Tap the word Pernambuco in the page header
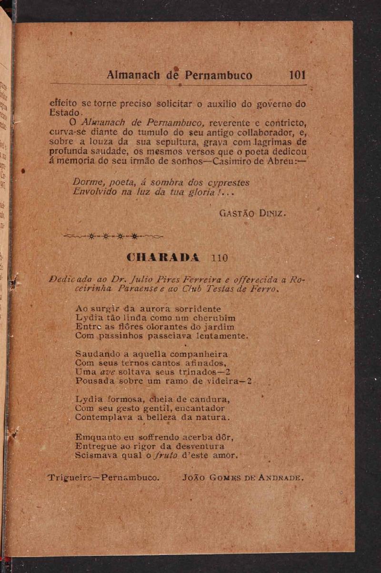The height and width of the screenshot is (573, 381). coord(219,75)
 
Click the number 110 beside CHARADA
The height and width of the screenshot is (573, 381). coord(220,258)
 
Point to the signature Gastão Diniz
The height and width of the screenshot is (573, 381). coord(251,214)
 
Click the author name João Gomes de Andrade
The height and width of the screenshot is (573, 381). coord(243,478)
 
